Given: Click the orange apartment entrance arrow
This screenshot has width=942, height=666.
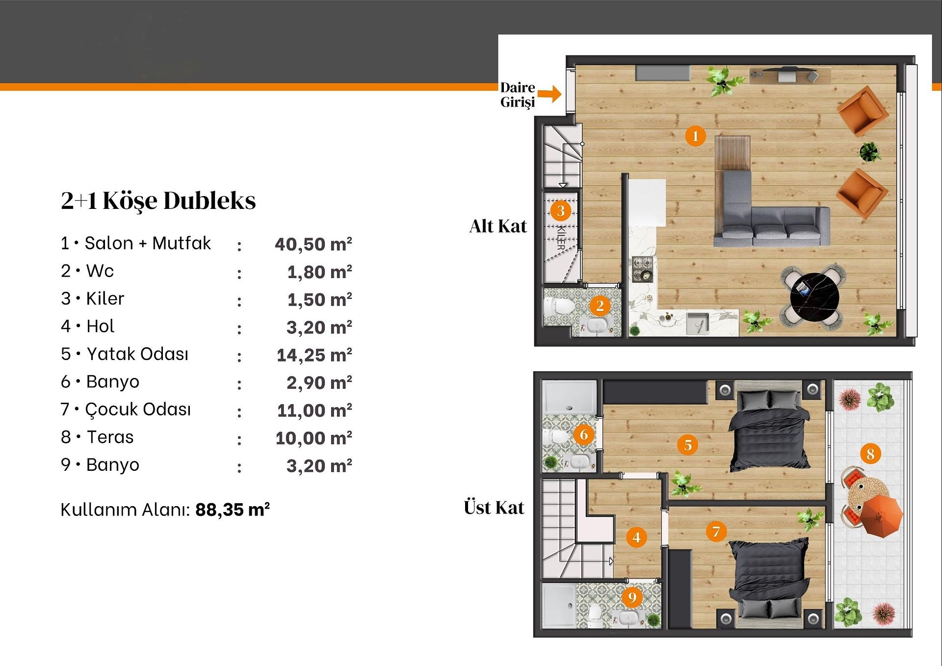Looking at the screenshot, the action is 549,93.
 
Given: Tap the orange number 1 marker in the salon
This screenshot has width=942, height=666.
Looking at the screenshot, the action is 695,136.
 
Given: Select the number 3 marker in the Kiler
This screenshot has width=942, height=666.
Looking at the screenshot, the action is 561,211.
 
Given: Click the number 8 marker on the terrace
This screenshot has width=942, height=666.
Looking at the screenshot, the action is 870,454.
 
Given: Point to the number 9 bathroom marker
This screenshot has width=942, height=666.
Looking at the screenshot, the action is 632,597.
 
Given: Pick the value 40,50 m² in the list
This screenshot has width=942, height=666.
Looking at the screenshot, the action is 314,244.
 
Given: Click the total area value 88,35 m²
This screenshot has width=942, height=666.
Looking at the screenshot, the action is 233,510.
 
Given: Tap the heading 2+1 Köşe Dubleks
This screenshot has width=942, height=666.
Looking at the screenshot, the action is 158,201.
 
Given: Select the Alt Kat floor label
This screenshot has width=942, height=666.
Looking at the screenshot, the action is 498,226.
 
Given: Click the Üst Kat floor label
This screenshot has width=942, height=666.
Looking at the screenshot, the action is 494,508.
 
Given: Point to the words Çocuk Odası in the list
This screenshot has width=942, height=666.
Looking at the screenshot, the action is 138,410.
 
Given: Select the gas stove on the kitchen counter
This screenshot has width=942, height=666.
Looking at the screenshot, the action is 643,269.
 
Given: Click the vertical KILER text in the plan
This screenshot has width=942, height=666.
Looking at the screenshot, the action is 561,238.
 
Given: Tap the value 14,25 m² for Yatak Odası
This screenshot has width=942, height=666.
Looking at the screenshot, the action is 314,355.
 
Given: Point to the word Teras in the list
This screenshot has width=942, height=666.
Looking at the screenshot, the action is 110,437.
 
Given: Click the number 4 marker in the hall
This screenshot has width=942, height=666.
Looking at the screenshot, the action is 636,537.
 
